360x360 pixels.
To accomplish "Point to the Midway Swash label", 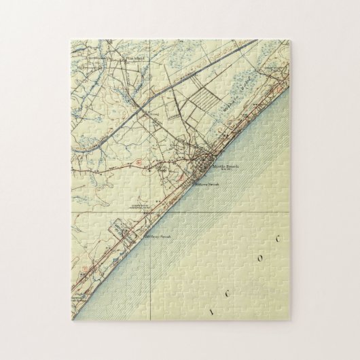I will (x=157, y=237).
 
